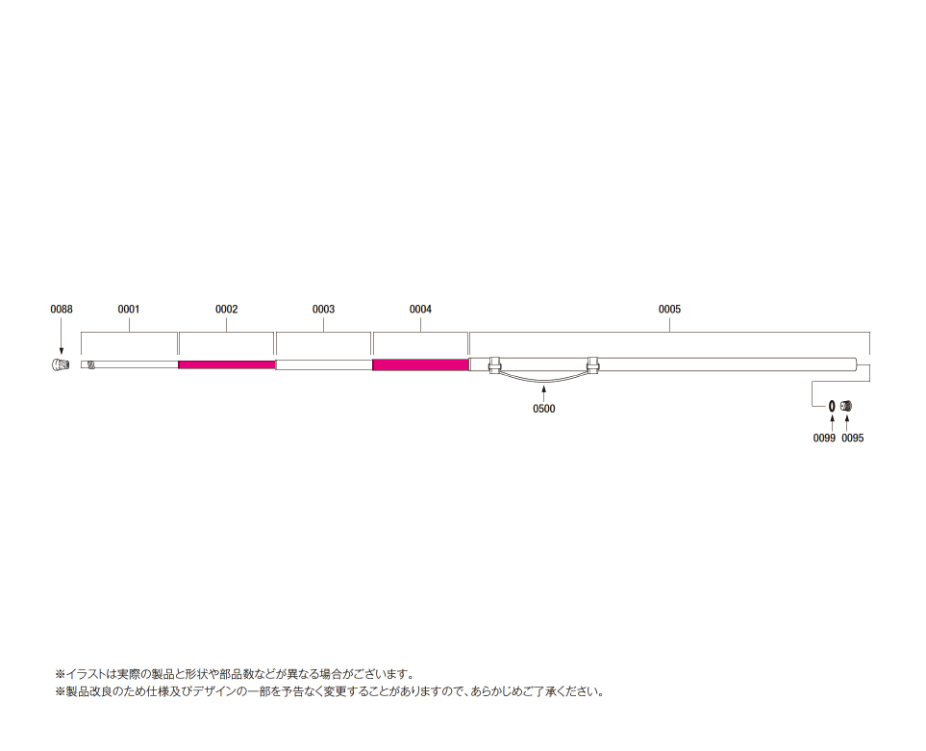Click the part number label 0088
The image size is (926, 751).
62,310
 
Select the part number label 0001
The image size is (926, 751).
129,310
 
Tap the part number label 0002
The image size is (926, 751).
226,310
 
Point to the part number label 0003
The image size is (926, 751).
323,310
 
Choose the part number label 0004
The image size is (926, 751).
420,310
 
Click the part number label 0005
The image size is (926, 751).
669,310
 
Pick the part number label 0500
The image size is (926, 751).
544,409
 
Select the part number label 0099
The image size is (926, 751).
824,438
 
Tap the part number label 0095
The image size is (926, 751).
853,438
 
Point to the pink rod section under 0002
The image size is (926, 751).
227,364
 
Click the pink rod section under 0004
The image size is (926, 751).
420,364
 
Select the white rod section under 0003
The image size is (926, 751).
324,364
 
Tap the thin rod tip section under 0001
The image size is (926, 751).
130,364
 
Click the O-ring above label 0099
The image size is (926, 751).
832,406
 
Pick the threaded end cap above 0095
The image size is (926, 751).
846,406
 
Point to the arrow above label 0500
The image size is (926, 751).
544,392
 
